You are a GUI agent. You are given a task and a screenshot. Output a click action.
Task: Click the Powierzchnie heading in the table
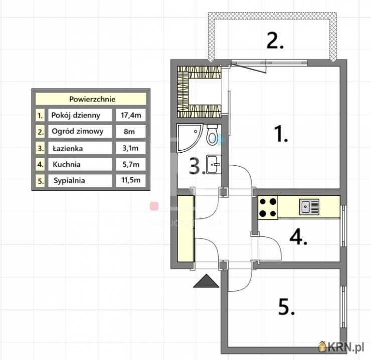pos(92,99)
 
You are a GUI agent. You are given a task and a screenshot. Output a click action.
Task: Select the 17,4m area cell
pos(131,115)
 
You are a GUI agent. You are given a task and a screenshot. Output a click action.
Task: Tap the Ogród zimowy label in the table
pos(77,131)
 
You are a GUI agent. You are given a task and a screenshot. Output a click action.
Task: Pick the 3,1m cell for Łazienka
pos(130,148)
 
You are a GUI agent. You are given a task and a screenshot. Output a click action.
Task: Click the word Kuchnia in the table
pos(67,164)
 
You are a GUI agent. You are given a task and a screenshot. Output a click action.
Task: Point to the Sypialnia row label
pos(69,180)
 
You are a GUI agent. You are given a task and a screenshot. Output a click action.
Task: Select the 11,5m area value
pos(131,180)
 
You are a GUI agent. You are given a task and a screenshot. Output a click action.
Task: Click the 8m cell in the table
pos(129,131)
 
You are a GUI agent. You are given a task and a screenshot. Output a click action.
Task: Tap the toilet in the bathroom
pos(212,135)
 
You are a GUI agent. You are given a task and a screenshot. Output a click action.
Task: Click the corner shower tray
pos(188,137)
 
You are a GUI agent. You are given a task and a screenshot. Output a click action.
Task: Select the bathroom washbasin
pos(214,164)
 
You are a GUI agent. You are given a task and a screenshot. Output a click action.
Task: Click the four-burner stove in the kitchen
pos(268,208)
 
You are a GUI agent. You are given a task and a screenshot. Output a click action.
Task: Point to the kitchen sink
pos(309,207)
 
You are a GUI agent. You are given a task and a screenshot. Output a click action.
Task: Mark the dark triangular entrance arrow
pos(207,281)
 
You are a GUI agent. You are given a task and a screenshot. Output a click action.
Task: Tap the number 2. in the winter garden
pos(275,41)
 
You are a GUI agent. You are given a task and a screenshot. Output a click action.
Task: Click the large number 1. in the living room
pos(281,134)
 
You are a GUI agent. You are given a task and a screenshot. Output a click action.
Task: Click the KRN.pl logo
pos(341,347)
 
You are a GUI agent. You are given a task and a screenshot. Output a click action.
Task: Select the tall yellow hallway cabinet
pos(185,229)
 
